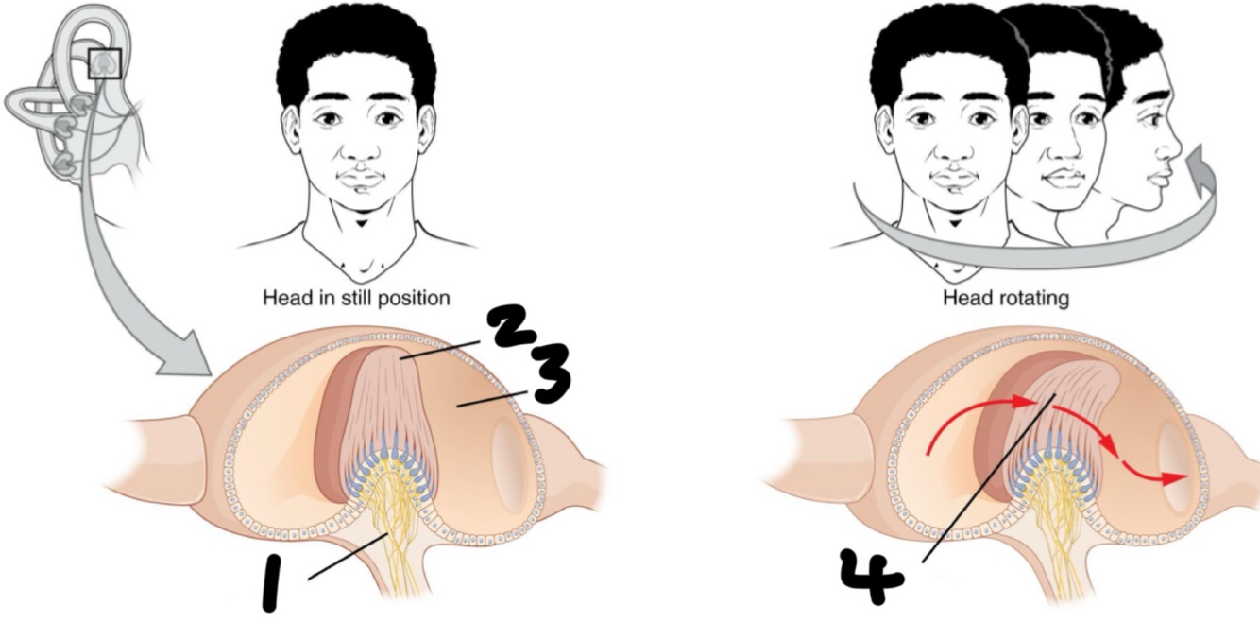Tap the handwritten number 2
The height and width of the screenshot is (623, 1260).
coord(518,333)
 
